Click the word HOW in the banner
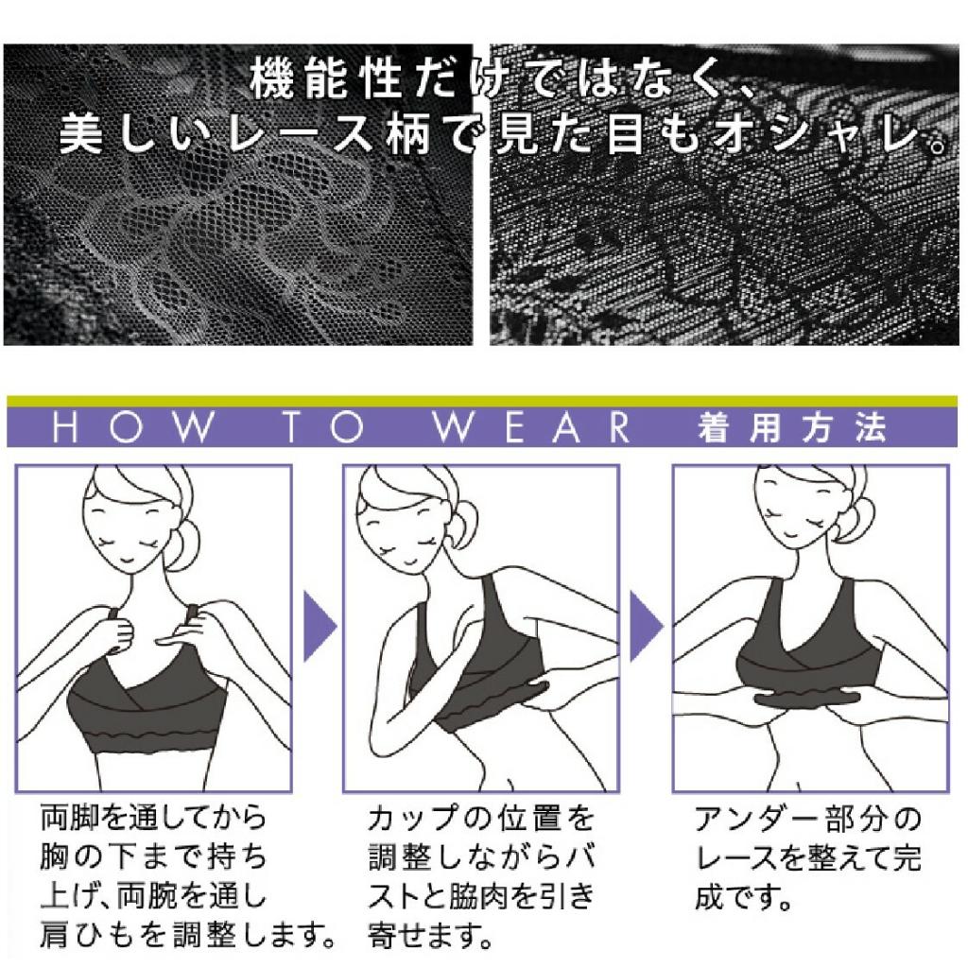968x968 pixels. pos(134,427)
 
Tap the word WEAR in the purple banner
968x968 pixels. pos(532,427)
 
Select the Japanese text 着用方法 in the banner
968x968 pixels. pos(792,428)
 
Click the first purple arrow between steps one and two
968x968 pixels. pos(320,626)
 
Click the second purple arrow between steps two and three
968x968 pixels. pos(646,626)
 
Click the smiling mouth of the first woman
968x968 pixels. pos(126,562)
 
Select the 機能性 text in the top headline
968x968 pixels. pos(326,78)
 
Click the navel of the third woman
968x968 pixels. pos(800,786)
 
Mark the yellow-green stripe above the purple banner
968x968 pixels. pos(482,402)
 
